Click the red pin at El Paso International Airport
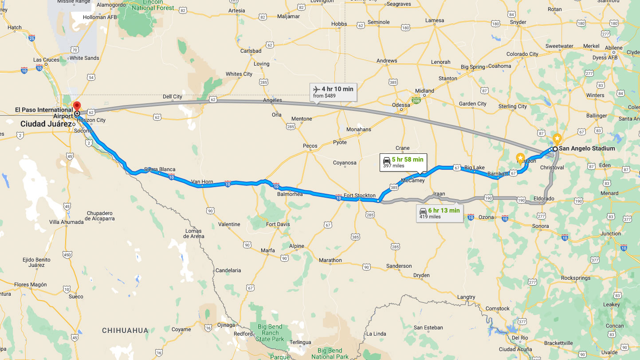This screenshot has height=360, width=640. coord(76,106)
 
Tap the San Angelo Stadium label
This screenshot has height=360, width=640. coord(587,149)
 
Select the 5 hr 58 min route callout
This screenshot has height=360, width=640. coord(403,162)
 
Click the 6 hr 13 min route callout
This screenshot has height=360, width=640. coord(440,213)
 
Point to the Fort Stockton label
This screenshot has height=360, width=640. coord(360,196)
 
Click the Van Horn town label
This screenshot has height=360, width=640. coord(202,181)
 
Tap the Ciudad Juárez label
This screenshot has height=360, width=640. coord(46,124)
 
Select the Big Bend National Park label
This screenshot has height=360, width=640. coord(329,354)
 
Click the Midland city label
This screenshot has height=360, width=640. coord(424,91)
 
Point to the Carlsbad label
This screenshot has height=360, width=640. coord(251,51)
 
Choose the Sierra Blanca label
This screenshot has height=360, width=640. coord(160,169)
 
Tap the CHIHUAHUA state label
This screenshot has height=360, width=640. coord(125,330)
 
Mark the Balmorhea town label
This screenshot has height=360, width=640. coord(289,194)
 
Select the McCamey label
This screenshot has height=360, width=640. coord(412,180)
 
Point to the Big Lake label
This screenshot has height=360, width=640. coord(475,168)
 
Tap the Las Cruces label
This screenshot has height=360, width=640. coord(46,60)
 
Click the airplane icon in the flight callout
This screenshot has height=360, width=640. coord(316,89)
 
